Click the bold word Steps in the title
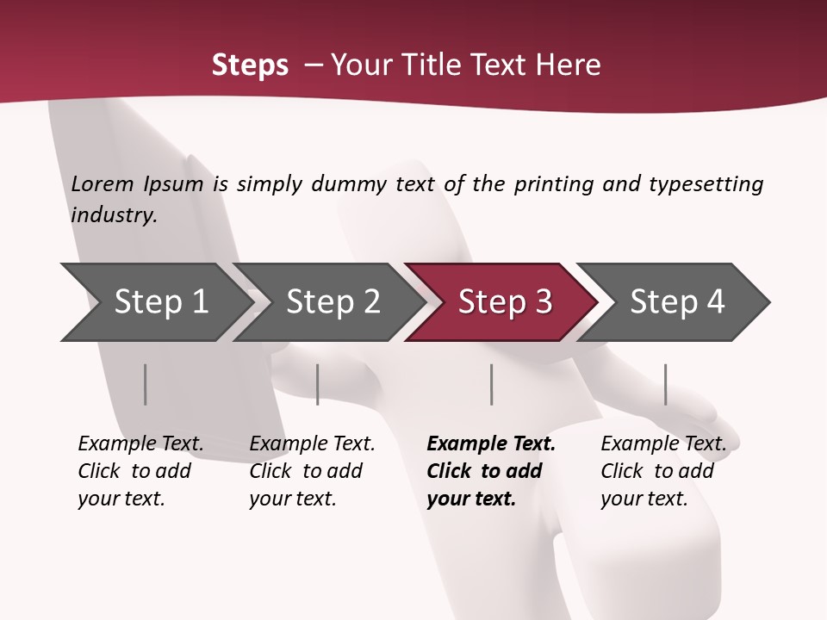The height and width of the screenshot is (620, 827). tap(250, 65)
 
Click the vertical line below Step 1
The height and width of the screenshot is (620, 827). tap(146, 384)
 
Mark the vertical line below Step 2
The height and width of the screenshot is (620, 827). tap(318, 384)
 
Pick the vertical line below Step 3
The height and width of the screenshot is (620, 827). tap(491, 384)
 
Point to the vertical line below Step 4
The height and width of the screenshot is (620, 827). tap(665, 384)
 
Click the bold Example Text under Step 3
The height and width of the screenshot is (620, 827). tap(491, 444)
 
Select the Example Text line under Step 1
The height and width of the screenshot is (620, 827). tap(140, 444)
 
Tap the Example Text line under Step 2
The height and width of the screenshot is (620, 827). tap(312, 444)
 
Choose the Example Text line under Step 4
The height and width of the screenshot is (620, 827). tap(663, 444)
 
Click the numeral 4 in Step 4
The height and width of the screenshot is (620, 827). tap(715, 302)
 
